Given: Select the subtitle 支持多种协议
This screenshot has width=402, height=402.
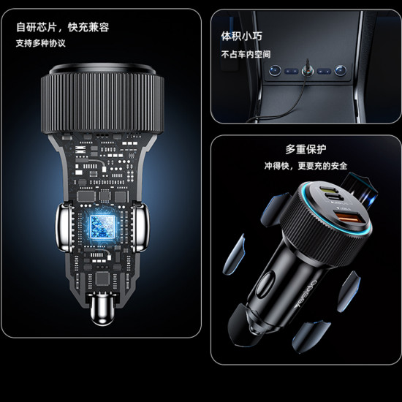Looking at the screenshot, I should point(41,43).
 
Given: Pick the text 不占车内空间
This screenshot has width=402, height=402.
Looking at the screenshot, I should point(246,54).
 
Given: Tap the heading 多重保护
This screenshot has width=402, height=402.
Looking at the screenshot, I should point(306,149).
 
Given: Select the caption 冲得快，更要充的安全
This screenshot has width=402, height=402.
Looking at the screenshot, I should point(306,166).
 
